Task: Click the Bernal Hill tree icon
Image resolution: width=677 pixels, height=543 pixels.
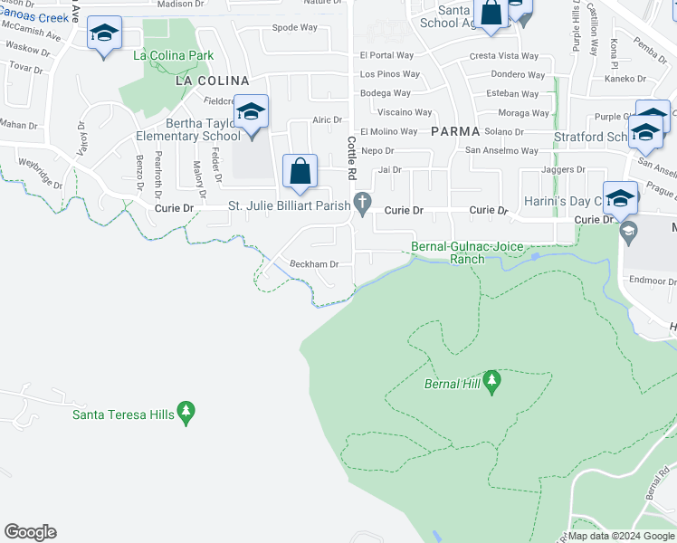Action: click(x=492, y=382)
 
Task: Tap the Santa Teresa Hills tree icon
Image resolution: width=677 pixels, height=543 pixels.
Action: click(x=186, y=414)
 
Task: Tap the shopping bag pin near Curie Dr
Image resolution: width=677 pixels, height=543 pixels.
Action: click(x=300, y=172)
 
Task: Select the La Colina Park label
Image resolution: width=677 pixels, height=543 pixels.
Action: click(x=174, y=55)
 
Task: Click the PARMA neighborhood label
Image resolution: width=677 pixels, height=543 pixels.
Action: click(x=454, y=130)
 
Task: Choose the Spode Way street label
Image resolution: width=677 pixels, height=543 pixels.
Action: click(x=294, y=27)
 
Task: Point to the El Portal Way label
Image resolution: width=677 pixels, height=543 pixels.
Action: click(x=386, y=55)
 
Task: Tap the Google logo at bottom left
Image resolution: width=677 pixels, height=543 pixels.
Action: click(x=30, y=532)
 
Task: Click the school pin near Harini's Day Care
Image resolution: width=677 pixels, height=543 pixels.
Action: click(x=620, y=199)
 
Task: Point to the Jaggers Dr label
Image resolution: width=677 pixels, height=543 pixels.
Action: click(x=563, y=169)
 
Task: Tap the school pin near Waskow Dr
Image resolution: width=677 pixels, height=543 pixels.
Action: click(x=104, y=37)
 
